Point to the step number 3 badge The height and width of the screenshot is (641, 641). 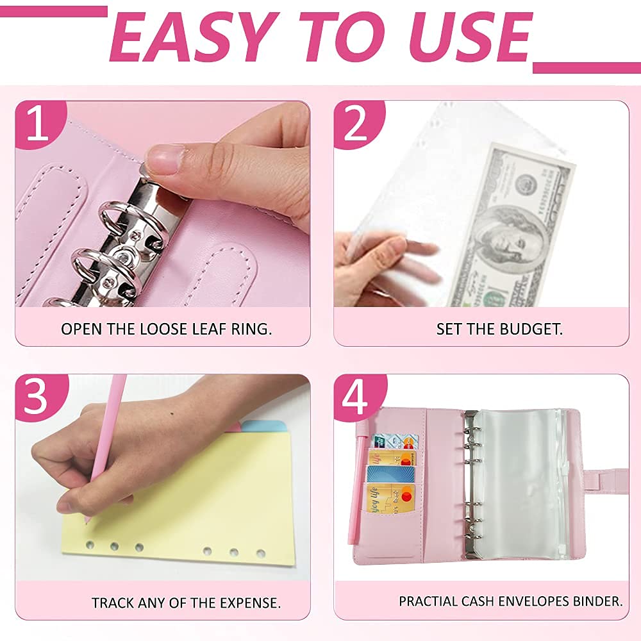point(40,397)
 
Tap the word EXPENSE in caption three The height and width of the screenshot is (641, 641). point(250,603)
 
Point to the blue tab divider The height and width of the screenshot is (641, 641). point(264,426)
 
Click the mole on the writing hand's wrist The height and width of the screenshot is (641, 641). point(171,413)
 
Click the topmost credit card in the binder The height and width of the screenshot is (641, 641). point(394,442)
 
